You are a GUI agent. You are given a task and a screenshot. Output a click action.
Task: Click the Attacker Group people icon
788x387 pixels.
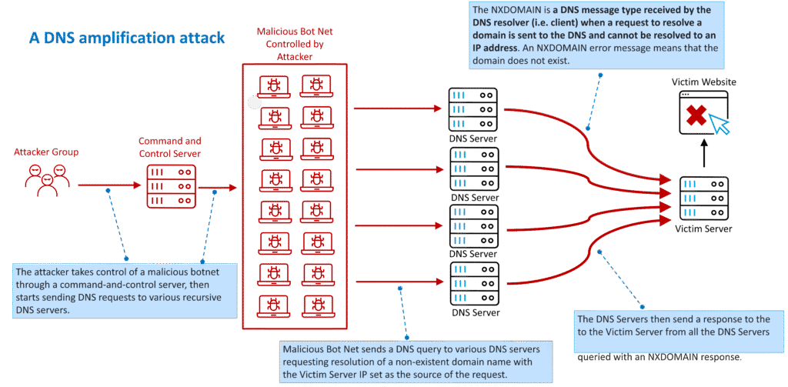point(46,179)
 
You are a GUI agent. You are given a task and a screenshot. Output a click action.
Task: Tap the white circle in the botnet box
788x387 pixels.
point(255,101)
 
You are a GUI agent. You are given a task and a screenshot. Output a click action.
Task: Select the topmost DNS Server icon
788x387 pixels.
point(472,110)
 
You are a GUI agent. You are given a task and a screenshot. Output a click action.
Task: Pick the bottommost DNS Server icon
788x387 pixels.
point(472,284)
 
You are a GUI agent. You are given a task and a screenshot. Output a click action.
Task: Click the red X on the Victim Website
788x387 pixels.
point(696,116)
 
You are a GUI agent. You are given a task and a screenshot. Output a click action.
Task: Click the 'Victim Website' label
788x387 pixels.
point(703,81)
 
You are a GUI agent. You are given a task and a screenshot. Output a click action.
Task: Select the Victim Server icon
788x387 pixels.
point(703,199)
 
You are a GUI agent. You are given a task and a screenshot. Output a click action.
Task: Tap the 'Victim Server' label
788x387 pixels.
point(703,229)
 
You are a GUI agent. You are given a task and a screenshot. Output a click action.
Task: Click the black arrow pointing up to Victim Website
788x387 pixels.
point(703,155)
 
